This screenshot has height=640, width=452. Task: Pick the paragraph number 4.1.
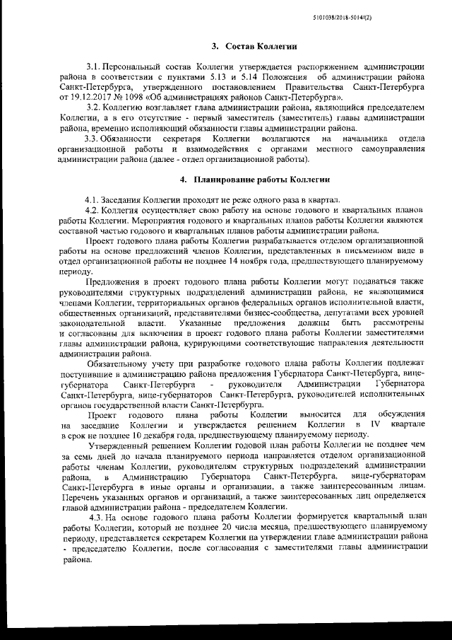92,200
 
